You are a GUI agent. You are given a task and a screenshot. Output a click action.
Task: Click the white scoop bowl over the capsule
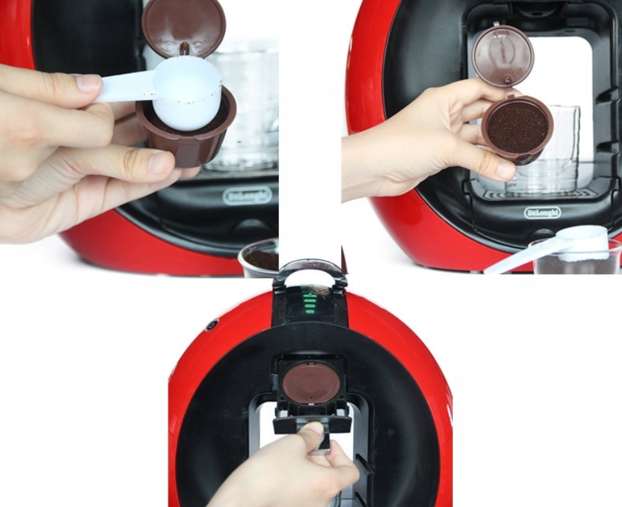click(x=187, y=94)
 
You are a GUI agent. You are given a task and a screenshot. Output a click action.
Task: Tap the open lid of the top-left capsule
click(x=184, y=28)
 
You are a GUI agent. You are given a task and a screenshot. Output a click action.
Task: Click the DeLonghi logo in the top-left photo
click(x=248, y=196)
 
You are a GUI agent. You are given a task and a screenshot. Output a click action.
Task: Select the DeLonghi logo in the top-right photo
click(x=543, y=213)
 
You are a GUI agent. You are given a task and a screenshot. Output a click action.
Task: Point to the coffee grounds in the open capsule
click(x=517, y=128)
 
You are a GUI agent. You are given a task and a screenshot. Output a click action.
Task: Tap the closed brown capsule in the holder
click(x=312, y=384)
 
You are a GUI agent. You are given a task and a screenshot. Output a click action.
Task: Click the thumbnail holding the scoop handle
click(x=88, y=83)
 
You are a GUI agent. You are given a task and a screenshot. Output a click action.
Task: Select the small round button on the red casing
click(x=211, y=325)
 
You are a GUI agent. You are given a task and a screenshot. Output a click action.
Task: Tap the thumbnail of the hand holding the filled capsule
click(x=505, y=170)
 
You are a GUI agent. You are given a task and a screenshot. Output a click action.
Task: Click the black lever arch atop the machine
click(x=310, y=273)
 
